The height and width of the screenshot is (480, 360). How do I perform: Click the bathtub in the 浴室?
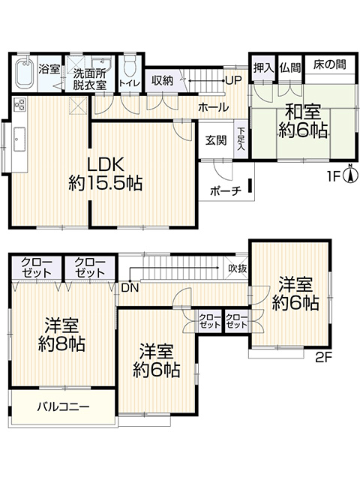click(x=23, y=72)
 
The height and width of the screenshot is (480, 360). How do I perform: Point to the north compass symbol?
click(x=351, y=174)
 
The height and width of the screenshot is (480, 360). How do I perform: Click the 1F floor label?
click(x=335, y=177)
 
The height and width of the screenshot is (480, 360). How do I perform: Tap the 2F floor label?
click(x=323, y=357)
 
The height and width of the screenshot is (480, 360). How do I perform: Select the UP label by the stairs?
click(x=233, y=80)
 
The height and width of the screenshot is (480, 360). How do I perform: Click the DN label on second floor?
click(x=130, y=288)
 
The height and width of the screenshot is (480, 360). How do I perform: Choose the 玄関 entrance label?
click(x=216, y=140)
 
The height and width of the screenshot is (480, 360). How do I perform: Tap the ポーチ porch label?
click(x=226, y=191)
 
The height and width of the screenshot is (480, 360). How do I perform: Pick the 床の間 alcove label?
click(x=330, y=65)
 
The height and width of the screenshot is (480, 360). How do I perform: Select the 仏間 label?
click(x=290, y=67)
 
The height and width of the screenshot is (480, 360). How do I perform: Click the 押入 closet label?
click(x=263, y=67)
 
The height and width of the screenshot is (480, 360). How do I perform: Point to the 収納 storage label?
click(x=163, y=80)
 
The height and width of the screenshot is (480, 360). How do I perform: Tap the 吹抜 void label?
click(x=238, y=268)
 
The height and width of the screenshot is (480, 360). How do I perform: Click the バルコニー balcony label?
click(x=63, y=406)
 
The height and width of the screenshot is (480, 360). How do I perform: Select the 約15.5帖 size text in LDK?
click(x=105, y=183)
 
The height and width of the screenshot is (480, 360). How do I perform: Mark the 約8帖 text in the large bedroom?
click(x=61, y=344)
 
